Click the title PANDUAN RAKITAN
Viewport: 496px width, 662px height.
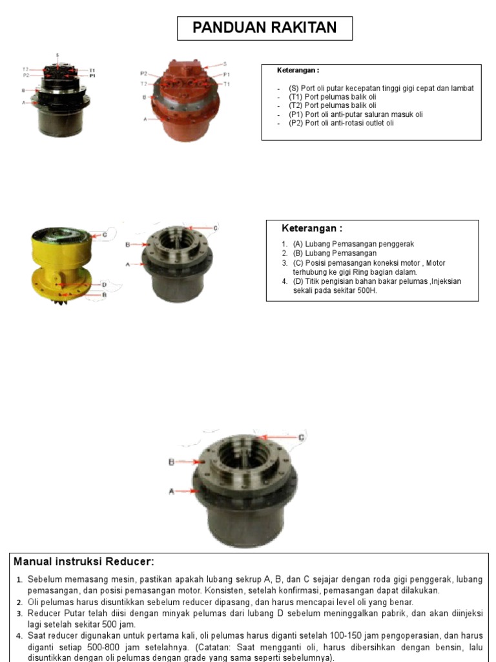tap(265, 28)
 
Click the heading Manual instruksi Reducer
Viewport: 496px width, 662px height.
tap(84, 561)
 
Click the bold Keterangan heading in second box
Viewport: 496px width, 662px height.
tap(311, 228)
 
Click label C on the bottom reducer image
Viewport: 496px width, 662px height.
tap(300, 438)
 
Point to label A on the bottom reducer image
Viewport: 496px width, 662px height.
tap(172, 491)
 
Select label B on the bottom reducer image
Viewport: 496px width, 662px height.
tap(172, 462)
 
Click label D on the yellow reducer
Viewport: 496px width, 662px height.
tap(103, 284)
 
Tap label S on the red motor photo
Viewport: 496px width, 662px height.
tap(225, 64)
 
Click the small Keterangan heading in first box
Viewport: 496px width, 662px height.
tap(298, 70)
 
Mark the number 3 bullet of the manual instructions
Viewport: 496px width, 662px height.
tap(19, 613)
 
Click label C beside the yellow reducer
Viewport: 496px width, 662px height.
tap(103, 235)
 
